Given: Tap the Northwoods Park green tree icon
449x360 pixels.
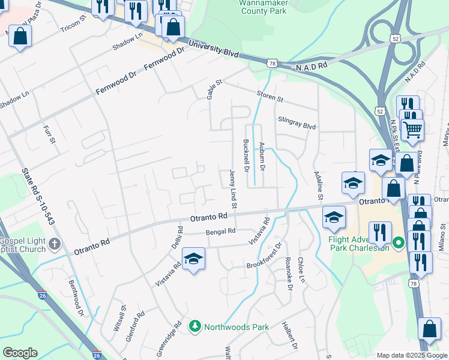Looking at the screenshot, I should pyautogui.click(x=195, y=327).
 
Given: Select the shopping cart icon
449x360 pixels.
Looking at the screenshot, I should pyautogui.click(x=412, y=129).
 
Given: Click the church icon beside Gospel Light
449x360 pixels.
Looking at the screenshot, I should pyautogui.click(x=55, y=244).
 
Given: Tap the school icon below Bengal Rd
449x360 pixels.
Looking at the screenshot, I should pyautogui.click(x=193, y=259).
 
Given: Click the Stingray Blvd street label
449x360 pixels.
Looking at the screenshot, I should pyautogui.click(x=297, y=123).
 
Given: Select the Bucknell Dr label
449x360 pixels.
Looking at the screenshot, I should pyautogui.click(x=246, y=156).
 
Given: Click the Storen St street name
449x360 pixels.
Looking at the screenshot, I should pyautogui.click(x=270, y=95).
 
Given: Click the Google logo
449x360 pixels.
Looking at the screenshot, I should pyautogui.click(x=20, y=353).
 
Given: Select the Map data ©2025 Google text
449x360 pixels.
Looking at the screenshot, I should pyautogui.click(x=412, y=355).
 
